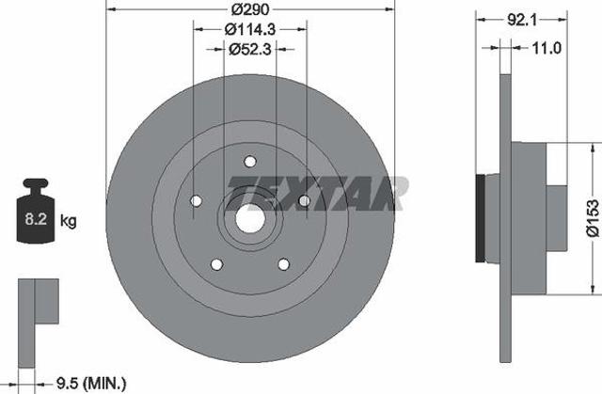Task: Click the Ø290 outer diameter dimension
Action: pos(250,9)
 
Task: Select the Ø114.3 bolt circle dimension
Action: pos(250,29)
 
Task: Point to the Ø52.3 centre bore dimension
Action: pos(250,49)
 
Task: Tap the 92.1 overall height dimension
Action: pos(522,20)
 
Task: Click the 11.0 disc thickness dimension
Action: pos(547,48)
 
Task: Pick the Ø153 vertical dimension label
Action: pos(593,218)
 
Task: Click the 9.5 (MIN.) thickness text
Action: pos(91,383)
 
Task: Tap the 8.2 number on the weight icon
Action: pos(36,219)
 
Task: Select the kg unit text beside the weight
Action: pos(69,221)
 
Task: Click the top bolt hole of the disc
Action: pos(250,162)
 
